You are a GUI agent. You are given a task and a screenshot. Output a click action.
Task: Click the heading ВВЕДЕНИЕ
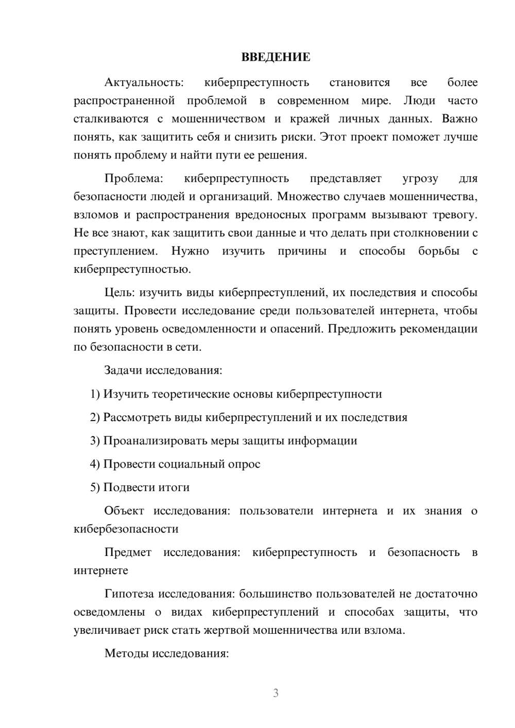tap(276, 57)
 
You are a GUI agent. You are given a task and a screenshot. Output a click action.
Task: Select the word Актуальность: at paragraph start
tap(144, 82)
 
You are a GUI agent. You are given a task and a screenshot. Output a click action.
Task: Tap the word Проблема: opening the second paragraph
tap(133, 179)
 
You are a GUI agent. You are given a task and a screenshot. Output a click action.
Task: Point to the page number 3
tap(276, 693)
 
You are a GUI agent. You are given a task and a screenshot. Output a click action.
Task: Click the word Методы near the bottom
tap(126, 654)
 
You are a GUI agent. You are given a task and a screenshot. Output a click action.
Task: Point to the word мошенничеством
tap(218, 119)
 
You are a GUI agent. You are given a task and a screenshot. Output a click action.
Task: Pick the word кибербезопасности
tap(126, 529)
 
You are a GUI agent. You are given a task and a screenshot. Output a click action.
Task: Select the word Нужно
tap(190, 251)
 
